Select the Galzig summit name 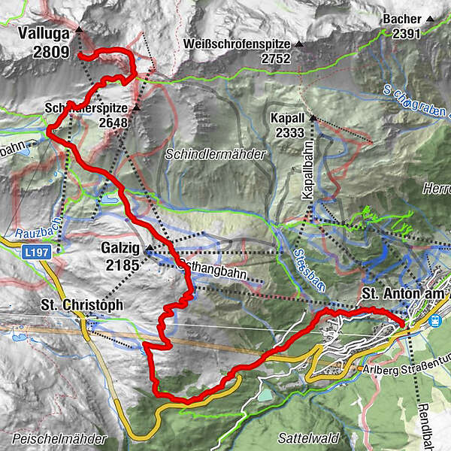(x=120, y=247)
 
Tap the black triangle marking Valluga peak (x=78, y=30)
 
